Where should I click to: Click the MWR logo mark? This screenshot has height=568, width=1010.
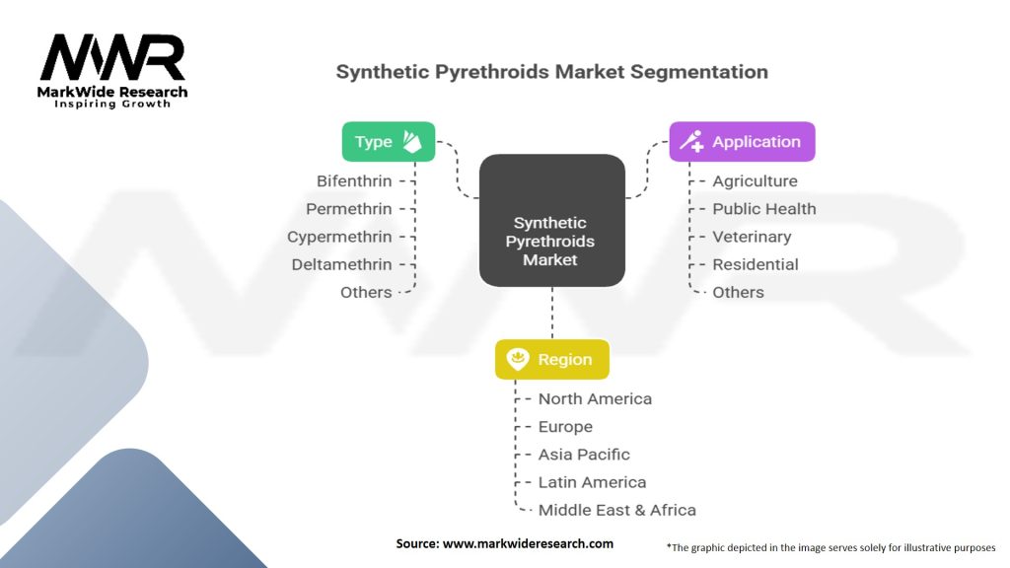(112, 57)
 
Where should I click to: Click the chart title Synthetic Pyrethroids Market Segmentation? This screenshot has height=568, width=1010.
(552, 71)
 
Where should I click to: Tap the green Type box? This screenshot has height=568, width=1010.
(389, 142)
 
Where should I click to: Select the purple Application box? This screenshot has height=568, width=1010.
(742, 142)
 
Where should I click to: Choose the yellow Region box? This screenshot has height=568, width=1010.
(552, 359)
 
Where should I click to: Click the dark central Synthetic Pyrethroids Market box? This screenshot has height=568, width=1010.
(552, 220)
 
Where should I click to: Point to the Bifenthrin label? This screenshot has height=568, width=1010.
(354, 181)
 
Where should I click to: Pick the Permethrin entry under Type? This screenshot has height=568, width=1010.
(349, 209)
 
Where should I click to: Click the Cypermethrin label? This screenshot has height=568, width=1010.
(339, 237)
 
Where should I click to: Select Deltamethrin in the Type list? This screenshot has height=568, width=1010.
(341, 264)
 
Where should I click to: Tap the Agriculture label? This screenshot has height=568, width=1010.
(755, 181)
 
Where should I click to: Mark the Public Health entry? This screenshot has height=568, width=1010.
(764, 209)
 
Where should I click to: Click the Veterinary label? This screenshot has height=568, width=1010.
(752, 237)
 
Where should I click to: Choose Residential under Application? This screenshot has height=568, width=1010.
(756, 264)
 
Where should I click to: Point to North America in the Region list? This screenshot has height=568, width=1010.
(595, 399)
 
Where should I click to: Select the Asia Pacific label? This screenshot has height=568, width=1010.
(584, 455)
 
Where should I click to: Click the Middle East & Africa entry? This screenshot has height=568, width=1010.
(617, 510)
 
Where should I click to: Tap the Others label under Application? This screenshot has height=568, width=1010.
(738, 292)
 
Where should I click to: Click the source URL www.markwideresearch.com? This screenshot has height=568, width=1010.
(529, 543)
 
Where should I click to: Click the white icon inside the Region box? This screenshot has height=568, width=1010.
(518, 359)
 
